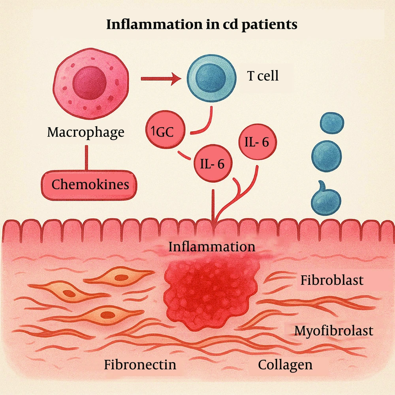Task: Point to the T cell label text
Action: click(x=263, y=75)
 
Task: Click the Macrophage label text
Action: click(x=85, y=132)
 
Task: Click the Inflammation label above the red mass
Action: click(x=212, y=247)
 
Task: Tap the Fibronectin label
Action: click(x=140, y=364)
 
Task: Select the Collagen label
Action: click(x=285, y=364)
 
